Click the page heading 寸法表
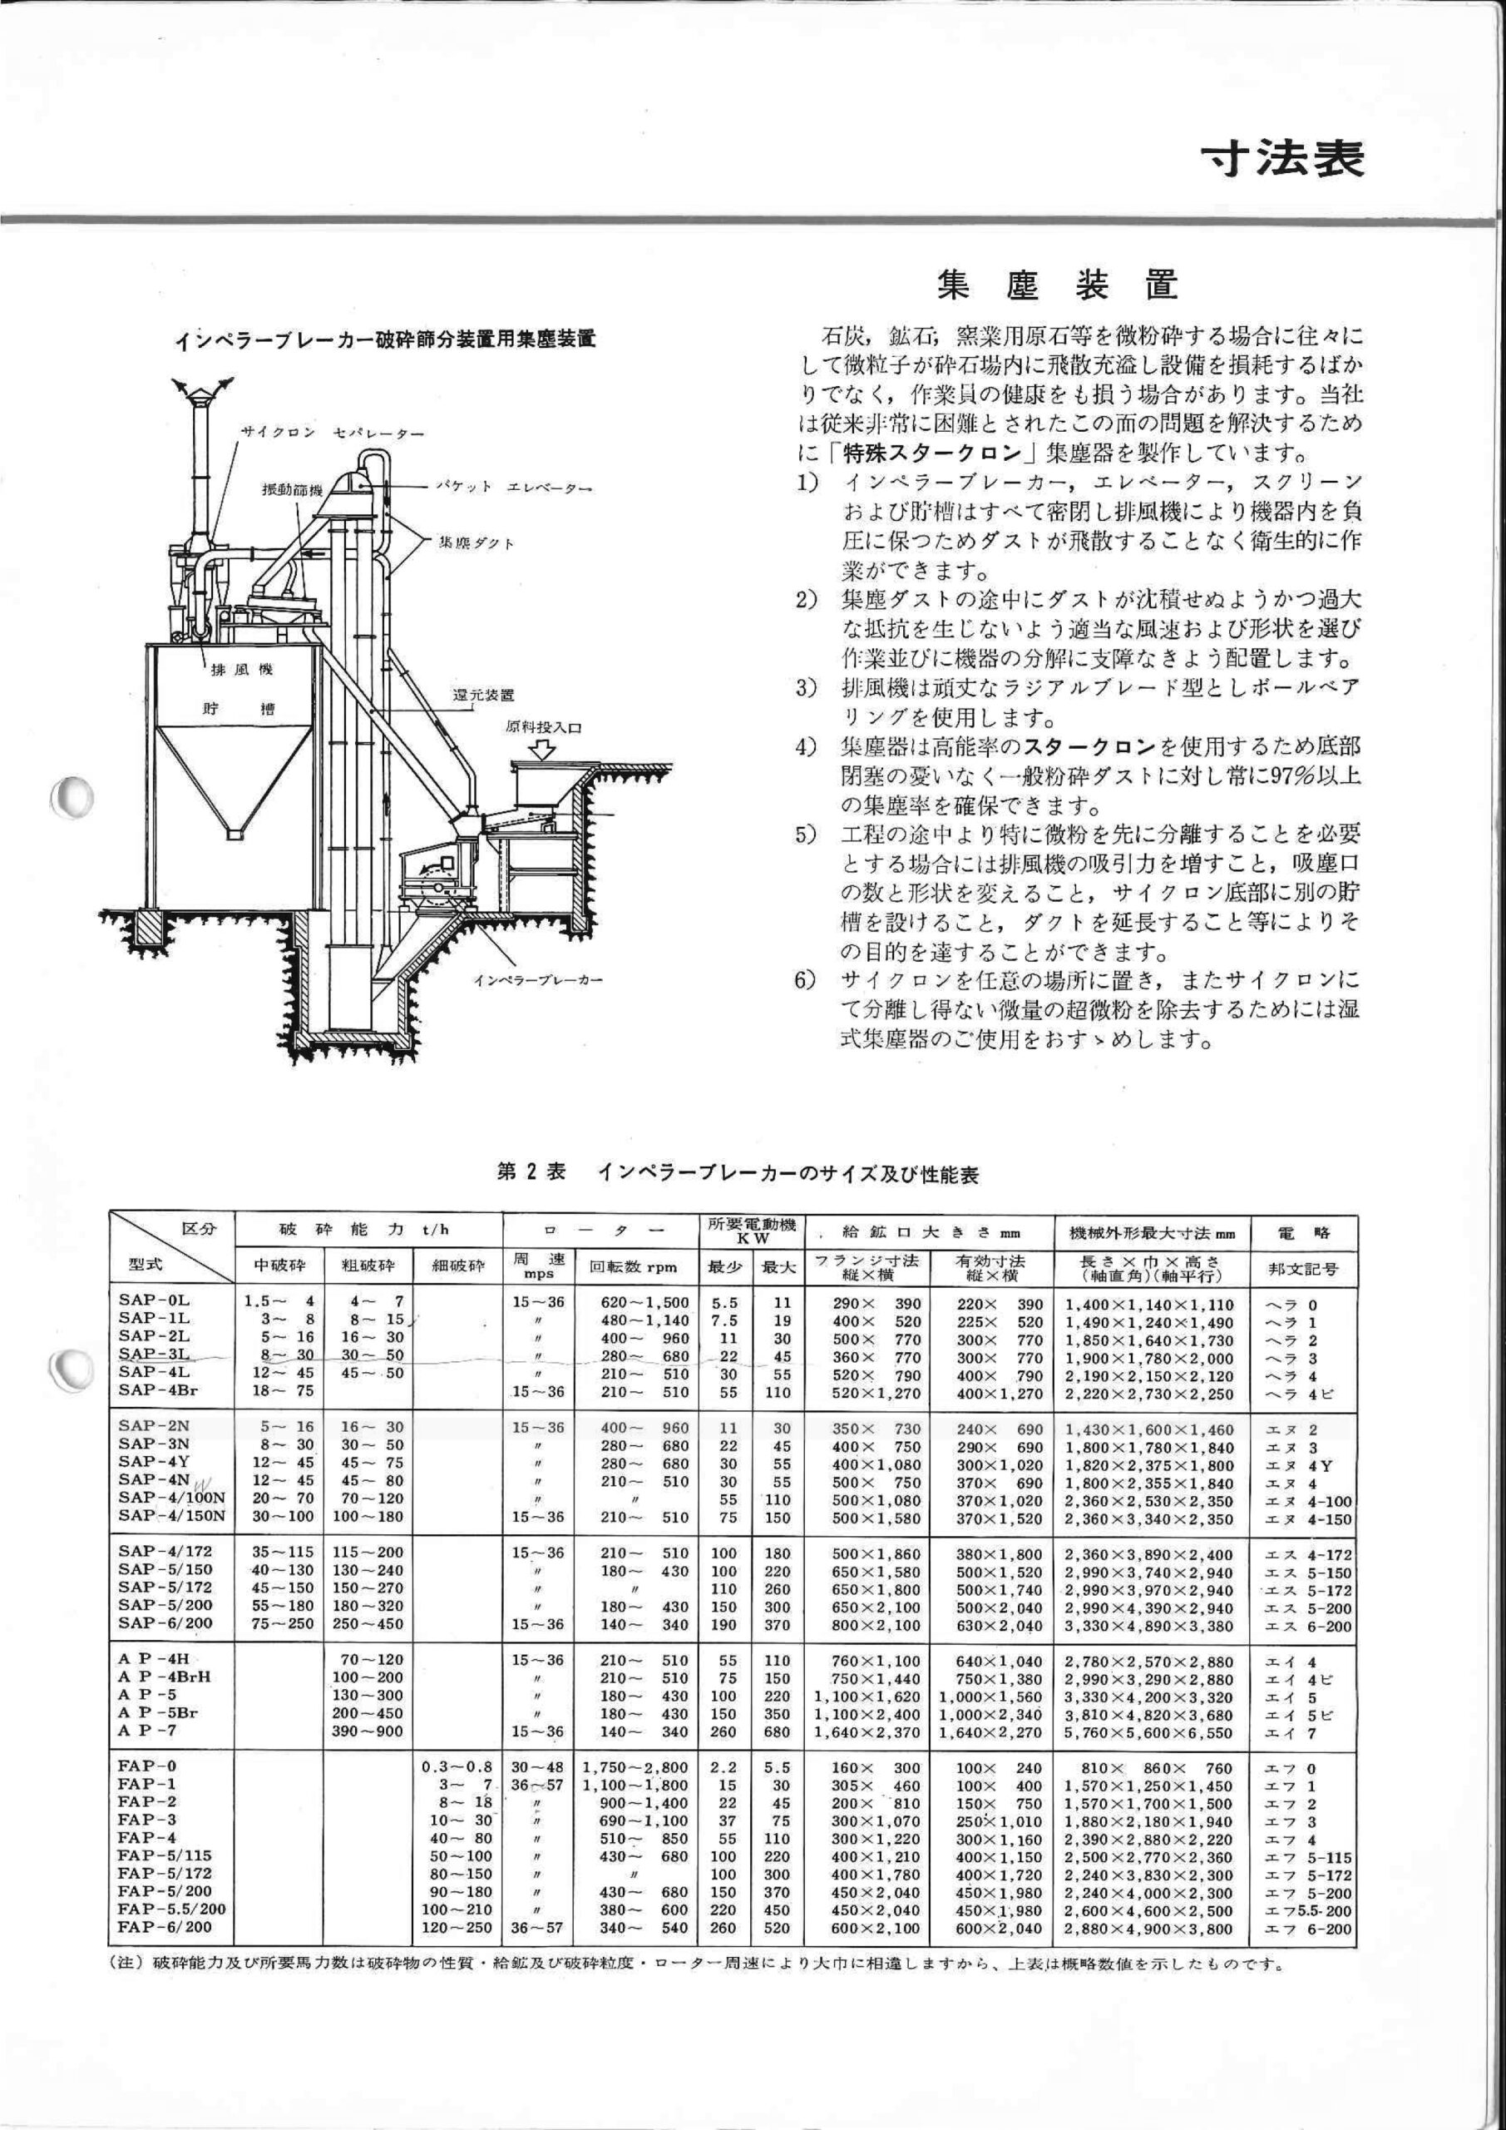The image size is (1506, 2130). pos(1281,160)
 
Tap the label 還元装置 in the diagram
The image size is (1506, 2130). pos(482,695)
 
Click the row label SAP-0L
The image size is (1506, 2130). pos(154,1304)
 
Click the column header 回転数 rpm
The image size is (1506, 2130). pos(634,1267)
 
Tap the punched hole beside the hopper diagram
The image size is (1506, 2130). pos(71,796)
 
